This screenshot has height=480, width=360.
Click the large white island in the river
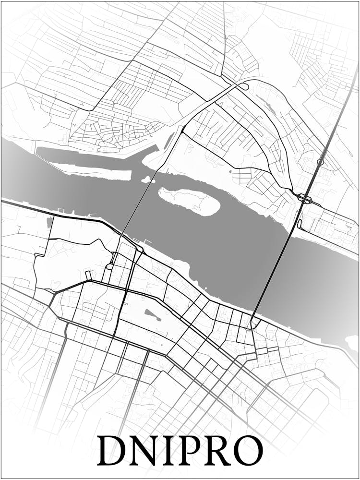tap(190, 201)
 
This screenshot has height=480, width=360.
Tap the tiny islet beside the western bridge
tap(146, 180)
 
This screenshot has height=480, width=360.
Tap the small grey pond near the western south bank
tap(50, 222)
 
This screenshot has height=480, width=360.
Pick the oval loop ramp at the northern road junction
tap(243, 86)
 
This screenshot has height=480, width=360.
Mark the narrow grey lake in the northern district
tap(169, 140)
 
